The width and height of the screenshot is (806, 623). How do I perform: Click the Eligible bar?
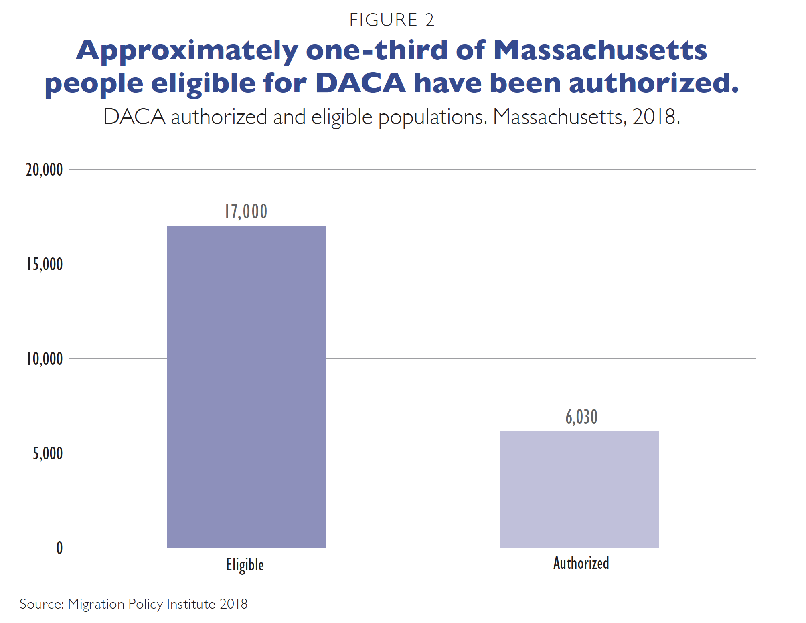click(x=246, y=386)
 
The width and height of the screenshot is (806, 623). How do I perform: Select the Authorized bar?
click(x=579, y=489)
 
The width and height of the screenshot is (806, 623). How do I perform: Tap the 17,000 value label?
click(x=246, y=212)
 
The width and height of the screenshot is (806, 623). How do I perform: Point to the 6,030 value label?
click(x=581, y=417)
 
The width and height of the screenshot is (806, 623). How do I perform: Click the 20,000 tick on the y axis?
click(x=45, y=170)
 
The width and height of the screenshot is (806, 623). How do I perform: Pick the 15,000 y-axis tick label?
click(x=45, y=265)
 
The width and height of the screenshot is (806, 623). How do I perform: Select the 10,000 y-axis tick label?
click(x=45, y=359)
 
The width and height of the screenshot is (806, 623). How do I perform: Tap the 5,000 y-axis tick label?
click(x=48, y=453)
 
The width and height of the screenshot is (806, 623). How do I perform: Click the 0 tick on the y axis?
click(x=59, y=548)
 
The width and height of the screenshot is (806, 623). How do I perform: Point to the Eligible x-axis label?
click(x=245, y=565)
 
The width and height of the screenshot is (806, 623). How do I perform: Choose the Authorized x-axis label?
click(x=581, y=563)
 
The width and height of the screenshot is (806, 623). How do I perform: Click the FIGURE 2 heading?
click(x=392, y=20)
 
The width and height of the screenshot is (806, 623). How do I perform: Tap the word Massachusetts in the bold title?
click(x=600, y=51)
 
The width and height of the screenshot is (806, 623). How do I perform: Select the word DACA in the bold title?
click(x=360, y=83)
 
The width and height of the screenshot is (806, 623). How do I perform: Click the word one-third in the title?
click(x=376, y=51)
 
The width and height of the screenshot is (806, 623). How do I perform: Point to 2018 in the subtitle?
click(x=654, y=117)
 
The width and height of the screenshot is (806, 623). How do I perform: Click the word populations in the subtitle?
click(x=432, y=118)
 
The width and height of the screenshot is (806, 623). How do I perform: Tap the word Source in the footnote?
click(x=41, y=604)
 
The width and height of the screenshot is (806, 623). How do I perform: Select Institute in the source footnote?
click(x=191, y=604)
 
